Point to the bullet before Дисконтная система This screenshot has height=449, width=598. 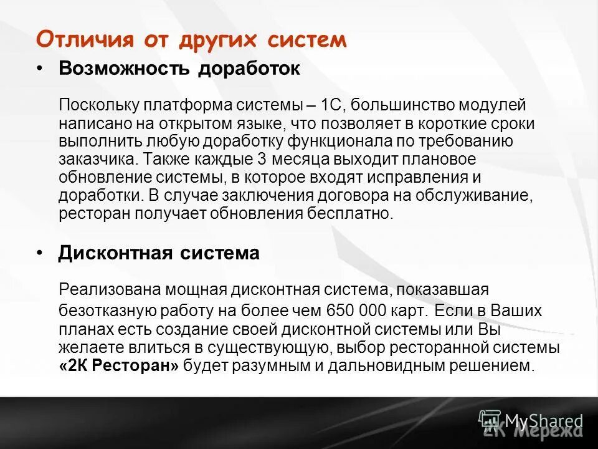tap(40, 253)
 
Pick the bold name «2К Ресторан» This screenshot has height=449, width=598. tap(118, 365)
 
